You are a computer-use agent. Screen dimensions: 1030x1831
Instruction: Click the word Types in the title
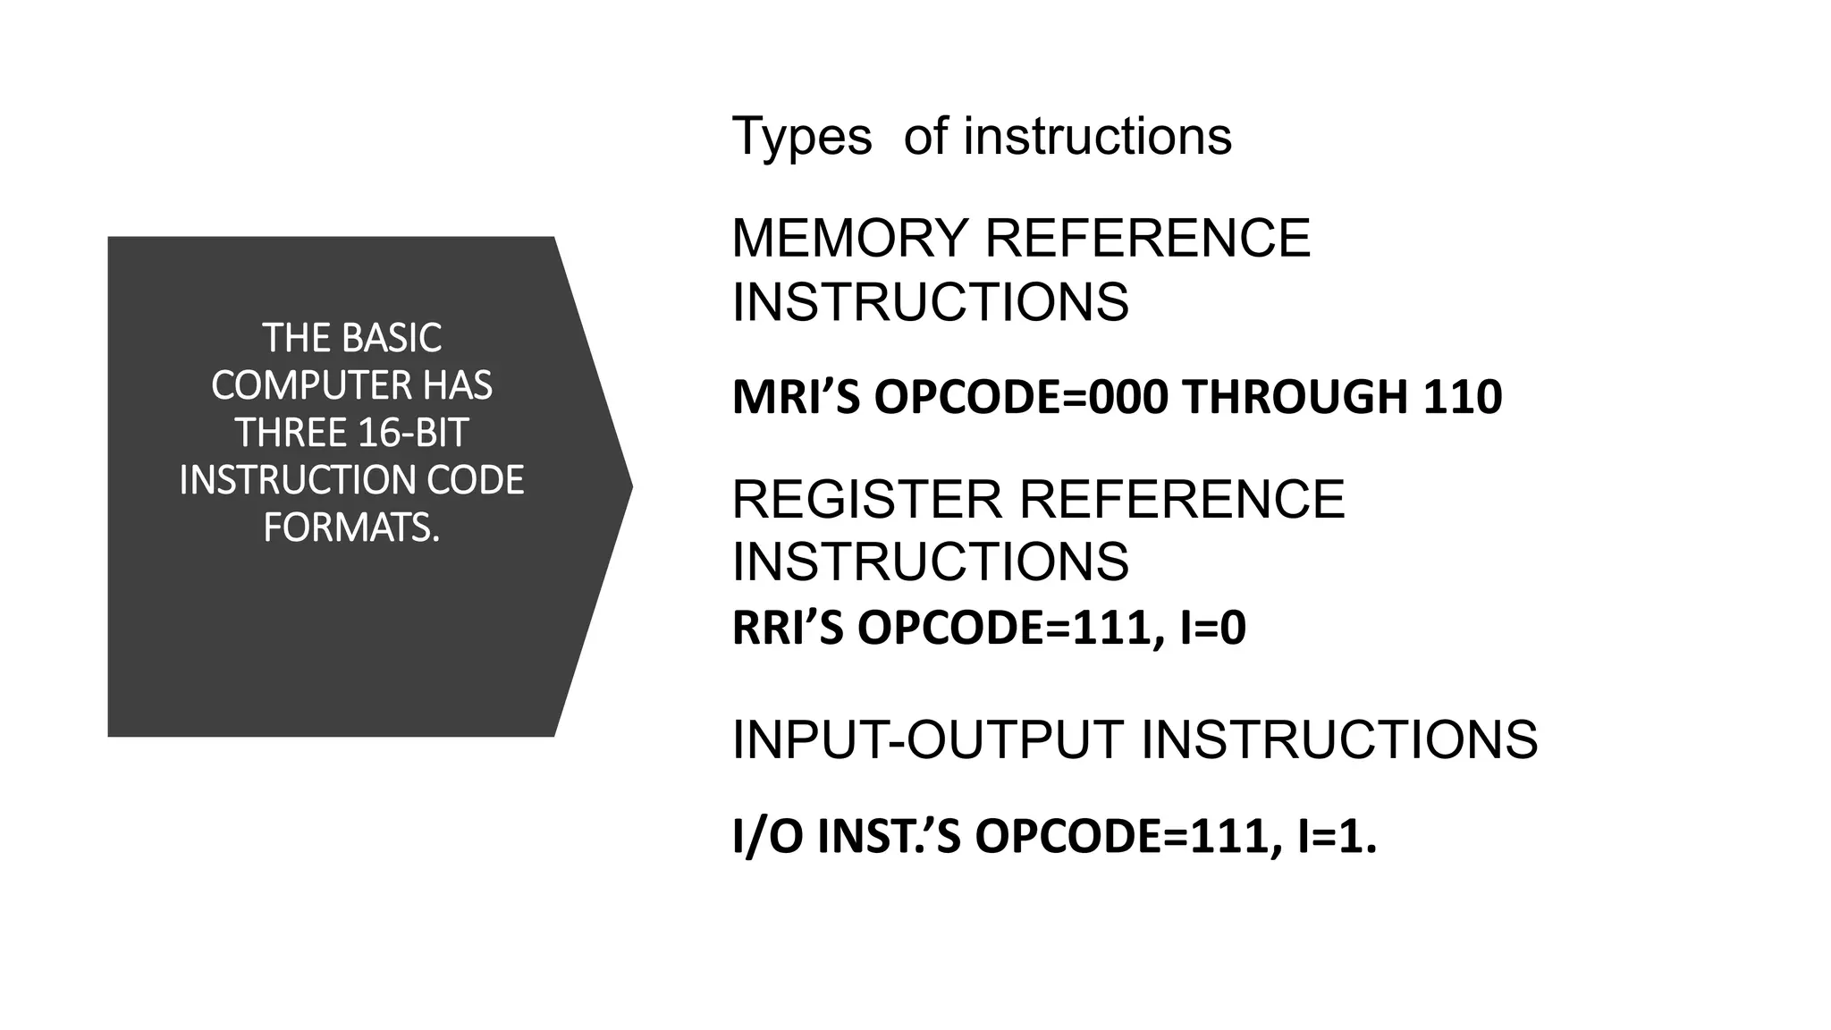[801, 138]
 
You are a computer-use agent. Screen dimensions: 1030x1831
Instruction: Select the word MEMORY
[849, 239]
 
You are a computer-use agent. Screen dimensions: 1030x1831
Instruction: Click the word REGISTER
[866, 499]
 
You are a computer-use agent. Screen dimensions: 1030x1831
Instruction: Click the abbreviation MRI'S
[796, 398]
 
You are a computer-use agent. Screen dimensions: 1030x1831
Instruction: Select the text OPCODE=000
[1020, 398]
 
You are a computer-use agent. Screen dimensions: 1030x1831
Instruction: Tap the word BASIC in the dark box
[392, 338]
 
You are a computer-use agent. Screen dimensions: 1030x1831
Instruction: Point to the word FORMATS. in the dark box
[351, 528]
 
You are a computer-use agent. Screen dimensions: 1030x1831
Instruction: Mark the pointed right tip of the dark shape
[631, 486]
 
